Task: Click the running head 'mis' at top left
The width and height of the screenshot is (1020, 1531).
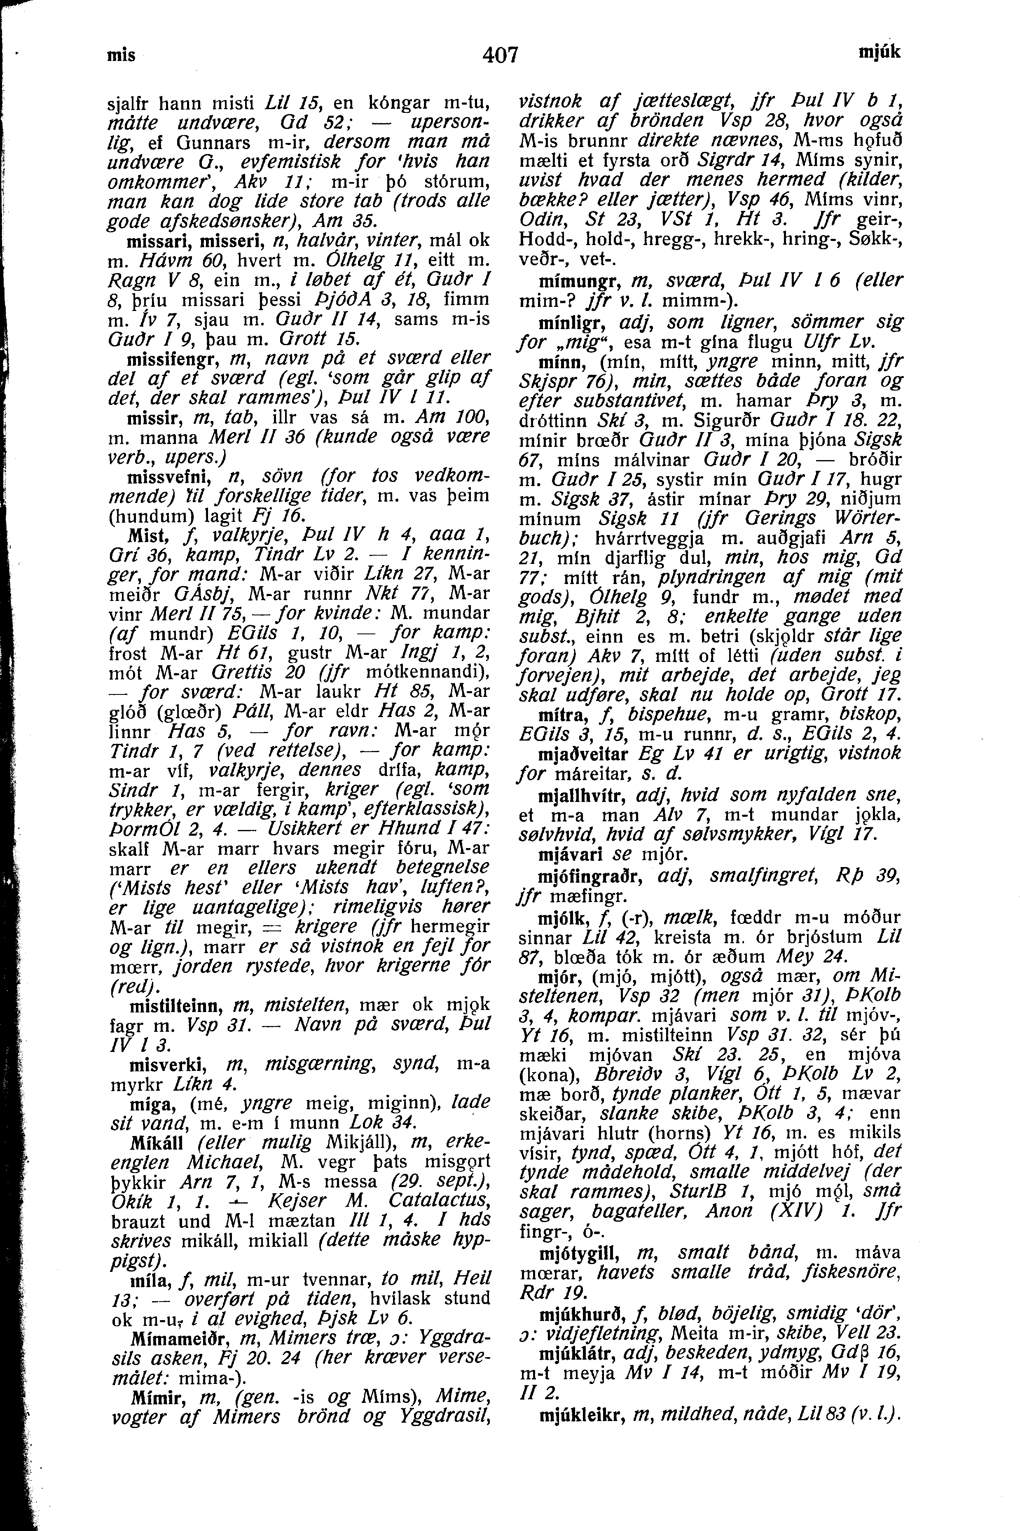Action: (x=122, y=55)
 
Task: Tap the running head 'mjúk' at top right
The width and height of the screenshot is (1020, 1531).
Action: (x=880, y=52)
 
